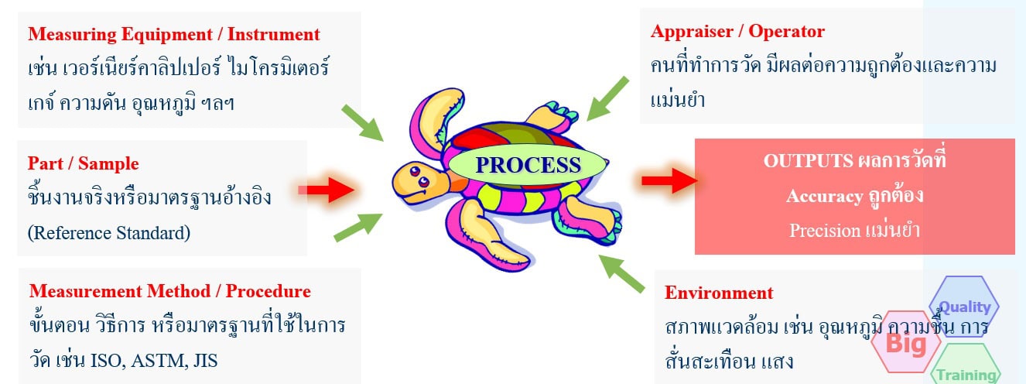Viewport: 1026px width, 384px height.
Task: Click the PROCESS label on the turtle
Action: [x=528, y=165]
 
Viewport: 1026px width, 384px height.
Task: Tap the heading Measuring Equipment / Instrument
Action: [x=174, y=34]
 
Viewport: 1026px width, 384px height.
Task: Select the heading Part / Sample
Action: [x=84, y=163]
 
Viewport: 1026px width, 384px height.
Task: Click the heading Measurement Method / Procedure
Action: [x=170, y=291]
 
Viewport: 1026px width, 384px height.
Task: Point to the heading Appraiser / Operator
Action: [x=737, y=32]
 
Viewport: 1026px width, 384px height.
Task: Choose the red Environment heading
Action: [x=719, y=293]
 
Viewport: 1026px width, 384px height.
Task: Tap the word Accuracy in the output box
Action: [x=823, y=196]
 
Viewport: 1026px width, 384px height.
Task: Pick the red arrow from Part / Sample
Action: [x=326, y=189]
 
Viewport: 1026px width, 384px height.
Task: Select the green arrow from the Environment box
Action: [x=623, y=273]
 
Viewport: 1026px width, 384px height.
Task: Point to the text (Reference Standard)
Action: [x=108, y=231]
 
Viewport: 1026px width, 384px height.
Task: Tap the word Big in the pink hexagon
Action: [x=905, y=342]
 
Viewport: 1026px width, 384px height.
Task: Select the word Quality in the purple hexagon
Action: [x=964, y=307]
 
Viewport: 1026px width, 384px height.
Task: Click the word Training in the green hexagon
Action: [x=966, y=375]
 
